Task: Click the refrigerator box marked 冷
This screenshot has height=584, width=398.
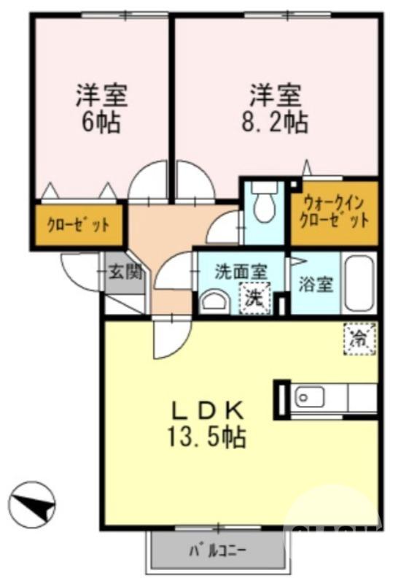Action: click(359, 337)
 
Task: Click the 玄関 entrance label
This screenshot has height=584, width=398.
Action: click(125, 273)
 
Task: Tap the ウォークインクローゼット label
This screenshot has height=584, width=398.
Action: click(334, 210)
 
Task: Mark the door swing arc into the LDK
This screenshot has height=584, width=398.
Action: click(168, 337)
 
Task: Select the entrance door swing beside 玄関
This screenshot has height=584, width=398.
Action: click(82, 271)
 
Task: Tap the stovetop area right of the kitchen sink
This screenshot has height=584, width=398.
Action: click(361, 399)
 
